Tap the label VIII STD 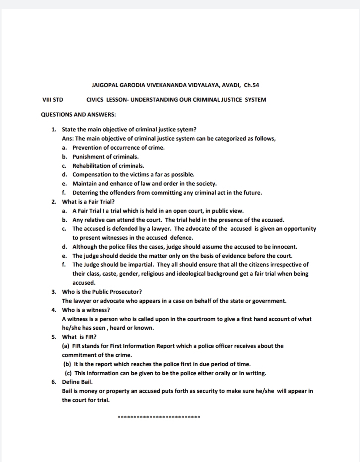click(53, 100)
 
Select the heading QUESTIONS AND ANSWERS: click(78, 114)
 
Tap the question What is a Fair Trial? click(88, 202)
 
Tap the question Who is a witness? click(86, 310)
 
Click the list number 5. click(53, 337)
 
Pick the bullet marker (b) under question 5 click(67, 364)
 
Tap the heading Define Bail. click(77, 382)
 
